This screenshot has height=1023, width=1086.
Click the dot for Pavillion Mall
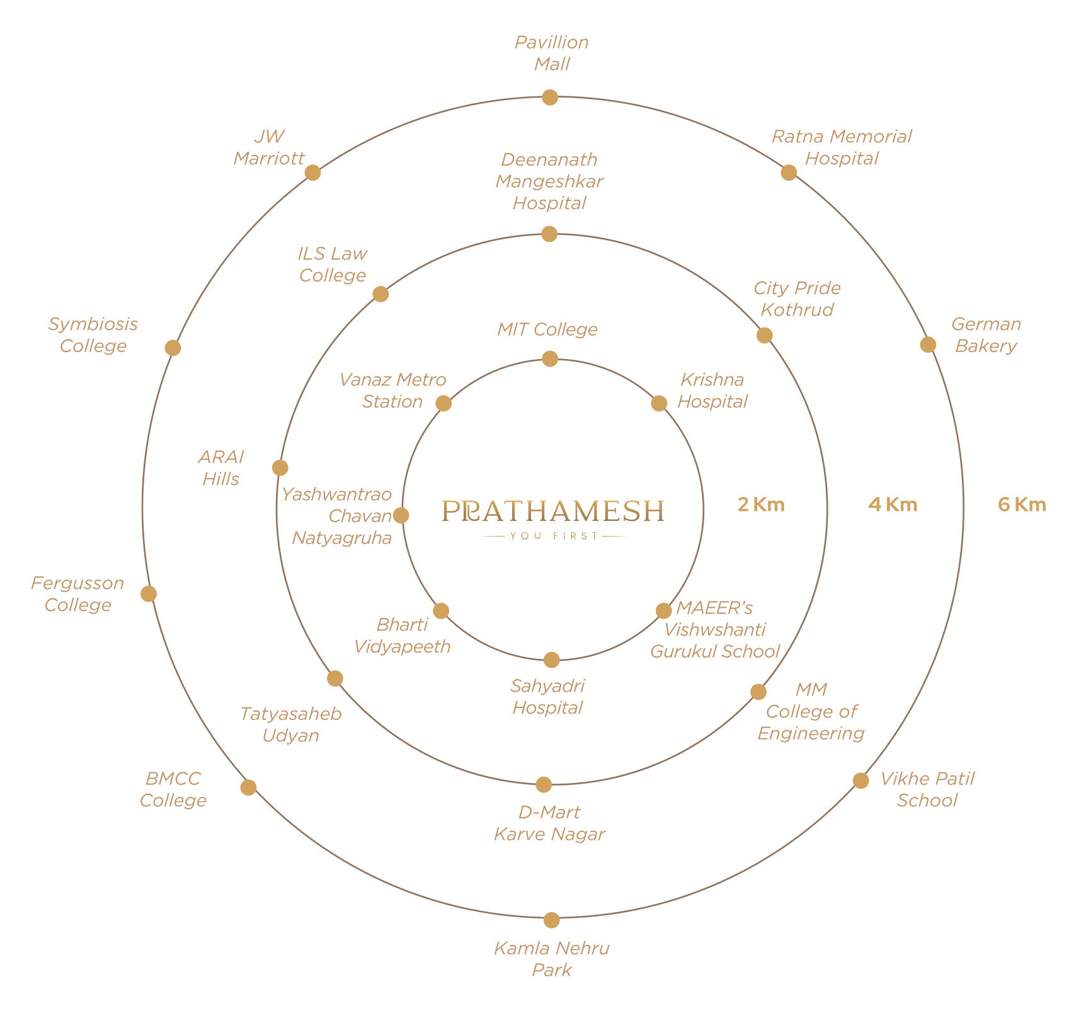(x=550, y=98)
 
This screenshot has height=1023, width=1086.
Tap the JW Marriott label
(x=269, y=147)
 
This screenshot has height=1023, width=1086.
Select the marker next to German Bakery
(x=928, y=345)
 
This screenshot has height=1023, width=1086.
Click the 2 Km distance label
(x=761, y=505)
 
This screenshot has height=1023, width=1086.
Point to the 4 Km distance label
(x=893, y=505)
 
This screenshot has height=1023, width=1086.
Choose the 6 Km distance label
(x=1022, y=505)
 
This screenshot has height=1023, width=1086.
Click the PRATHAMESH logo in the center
(x=552, y=511)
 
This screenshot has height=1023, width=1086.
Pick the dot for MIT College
(x=550, y=359)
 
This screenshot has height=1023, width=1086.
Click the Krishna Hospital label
(x=712, y=391)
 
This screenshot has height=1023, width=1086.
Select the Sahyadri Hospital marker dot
(x=551, y=660)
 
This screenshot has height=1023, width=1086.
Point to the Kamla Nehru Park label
(x=551, y=959)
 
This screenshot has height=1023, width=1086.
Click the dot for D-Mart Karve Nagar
(x=544, y=785)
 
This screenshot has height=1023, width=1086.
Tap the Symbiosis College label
(x=93, y=334)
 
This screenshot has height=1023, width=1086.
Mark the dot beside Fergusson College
(x=149, y=593)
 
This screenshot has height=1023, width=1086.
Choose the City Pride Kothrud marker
(x=764, y=335)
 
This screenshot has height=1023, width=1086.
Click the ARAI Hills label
(x=220, y=467)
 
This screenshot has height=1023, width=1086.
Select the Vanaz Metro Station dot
(x=443, y=403)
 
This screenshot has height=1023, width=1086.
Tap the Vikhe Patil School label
(x=927, y=789)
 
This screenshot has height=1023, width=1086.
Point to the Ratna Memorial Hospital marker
(x=789, y=173)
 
